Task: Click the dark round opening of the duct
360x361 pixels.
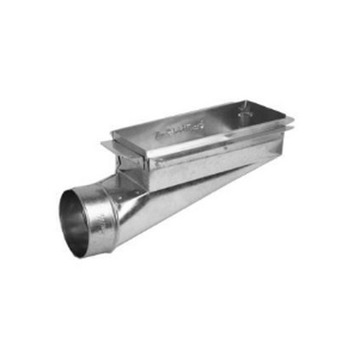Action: (x=74, y=222)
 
